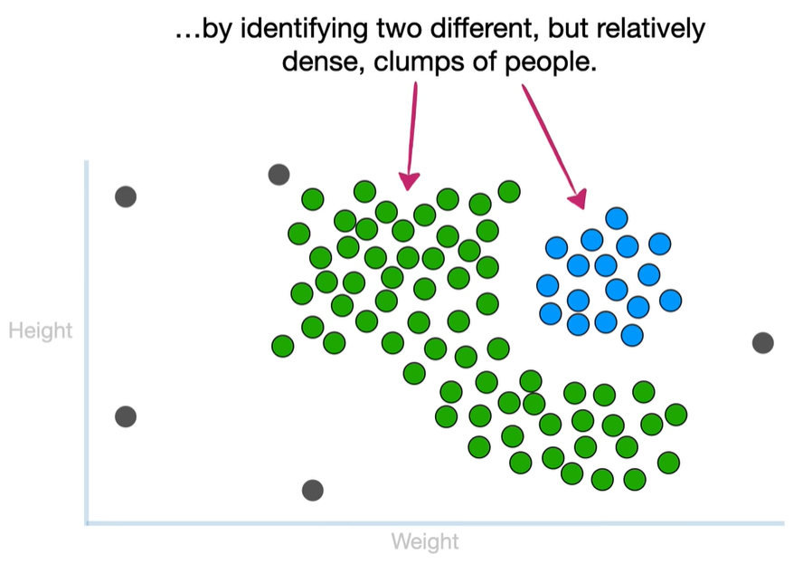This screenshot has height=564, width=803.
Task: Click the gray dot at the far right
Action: click(x=762, y=342)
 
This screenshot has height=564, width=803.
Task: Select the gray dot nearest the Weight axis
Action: click(x=312, y=490)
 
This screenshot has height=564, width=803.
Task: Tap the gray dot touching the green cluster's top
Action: click(x=279, y=175)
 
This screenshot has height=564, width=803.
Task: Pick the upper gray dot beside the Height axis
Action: click(x=126, y=196)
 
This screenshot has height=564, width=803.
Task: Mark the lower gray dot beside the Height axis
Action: click(x=126, y=416)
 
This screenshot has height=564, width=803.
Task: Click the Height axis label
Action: click(x=40, y=330)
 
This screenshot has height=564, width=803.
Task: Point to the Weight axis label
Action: click(x=425, y=542)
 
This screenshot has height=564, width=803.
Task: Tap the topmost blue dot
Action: click(x=617, y=218)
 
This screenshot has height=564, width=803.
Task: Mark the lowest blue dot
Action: click(x=632, y=335)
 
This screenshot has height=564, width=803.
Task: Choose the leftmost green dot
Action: click(x=283, y=346)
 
